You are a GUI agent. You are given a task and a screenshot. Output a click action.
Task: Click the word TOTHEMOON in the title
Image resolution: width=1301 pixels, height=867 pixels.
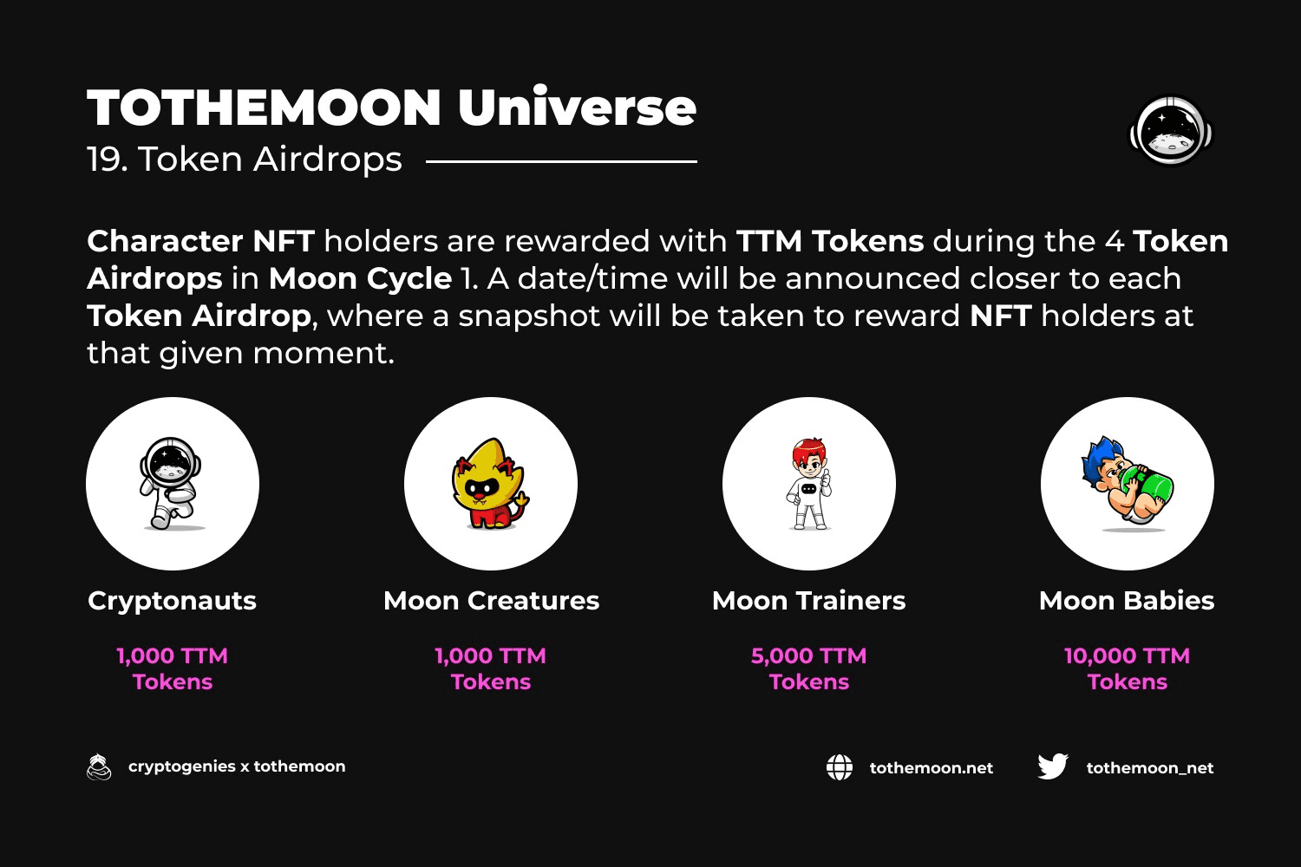coord(265,108)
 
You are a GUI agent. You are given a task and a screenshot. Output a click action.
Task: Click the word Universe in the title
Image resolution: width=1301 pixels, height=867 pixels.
coord(578,107)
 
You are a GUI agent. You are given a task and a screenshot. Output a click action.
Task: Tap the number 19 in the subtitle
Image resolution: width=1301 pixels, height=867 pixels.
coord(106,160)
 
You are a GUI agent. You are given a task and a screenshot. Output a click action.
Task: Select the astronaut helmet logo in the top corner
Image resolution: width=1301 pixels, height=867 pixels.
coord(1171,130)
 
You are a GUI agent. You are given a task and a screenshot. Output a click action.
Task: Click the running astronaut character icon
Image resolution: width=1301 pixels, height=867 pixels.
coord(171,483)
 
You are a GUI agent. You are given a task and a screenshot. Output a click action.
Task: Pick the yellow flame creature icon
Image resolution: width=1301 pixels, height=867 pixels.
coord(490,483)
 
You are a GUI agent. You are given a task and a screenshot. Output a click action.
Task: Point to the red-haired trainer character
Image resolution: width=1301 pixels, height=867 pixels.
coord(809,484)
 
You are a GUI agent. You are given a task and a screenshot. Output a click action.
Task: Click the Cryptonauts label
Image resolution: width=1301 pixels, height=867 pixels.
coord(172,602)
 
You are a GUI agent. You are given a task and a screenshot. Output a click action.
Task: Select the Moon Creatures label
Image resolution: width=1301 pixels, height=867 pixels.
coord(491,601)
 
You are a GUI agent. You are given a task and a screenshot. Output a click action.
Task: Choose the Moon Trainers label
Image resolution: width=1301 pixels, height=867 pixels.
coord(808,601)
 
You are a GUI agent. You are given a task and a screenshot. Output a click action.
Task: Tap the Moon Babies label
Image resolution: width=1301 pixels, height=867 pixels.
coord(1126,601)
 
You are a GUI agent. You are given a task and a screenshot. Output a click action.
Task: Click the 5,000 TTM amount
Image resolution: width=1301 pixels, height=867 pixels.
coord(808,656)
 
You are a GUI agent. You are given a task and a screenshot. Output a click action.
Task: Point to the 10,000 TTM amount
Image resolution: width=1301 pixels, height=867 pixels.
coord(1127,656)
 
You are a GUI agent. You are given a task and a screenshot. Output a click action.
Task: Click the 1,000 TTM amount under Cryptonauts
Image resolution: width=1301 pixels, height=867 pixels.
coord(172,656)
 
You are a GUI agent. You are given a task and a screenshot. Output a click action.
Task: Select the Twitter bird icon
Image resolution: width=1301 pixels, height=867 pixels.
coord(1053,766)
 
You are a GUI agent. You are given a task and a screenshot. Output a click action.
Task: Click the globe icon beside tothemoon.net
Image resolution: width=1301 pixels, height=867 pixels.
coord(840,767)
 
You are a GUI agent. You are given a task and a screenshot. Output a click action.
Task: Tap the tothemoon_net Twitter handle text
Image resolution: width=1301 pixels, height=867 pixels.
coord(1150,767)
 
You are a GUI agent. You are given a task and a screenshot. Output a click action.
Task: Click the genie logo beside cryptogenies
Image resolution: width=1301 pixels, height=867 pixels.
coord(99,766)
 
